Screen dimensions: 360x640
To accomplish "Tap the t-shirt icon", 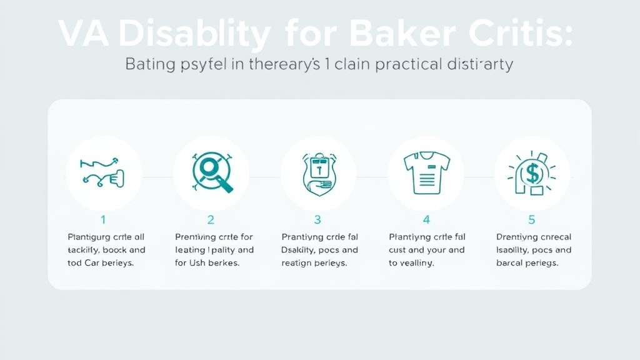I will coord(426,172).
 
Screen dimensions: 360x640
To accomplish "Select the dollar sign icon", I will coord(532,173).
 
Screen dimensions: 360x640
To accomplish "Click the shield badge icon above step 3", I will coord(318,173).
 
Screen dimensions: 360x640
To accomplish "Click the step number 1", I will coord(103,219).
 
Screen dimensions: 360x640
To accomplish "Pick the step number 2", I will coord(211,219).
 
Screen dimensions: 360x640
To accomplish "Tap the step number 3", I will coord(317,219).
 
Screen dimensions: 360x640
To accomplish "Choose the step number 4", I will coord(426,219).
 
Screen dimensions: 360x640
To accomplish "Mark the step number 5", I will coord(532,219).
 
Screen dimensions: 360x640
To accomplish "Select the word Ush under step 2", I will coord(198,263).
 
